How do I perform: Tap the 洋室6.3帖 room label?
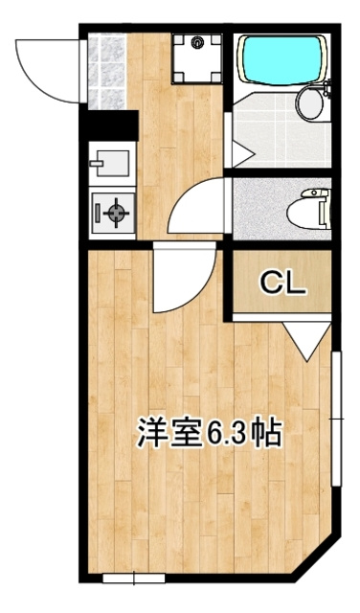[x=209, y=432]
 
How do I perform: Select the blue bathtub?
[x=282, y=59]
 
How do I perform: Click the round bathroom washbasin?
[x=310, y=103]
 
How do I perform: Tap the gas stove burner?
[x=116, y=213]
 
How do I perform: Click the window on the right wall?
[x=336, y=419]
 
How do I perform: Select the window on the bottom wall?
[x=134, y=578]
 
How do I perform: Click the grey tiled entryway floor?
[x=106, y=72]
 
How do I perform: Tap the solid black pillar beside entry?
[x=109, y=125]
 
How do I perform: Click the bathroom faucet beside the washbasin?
[x=326, y=89]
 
